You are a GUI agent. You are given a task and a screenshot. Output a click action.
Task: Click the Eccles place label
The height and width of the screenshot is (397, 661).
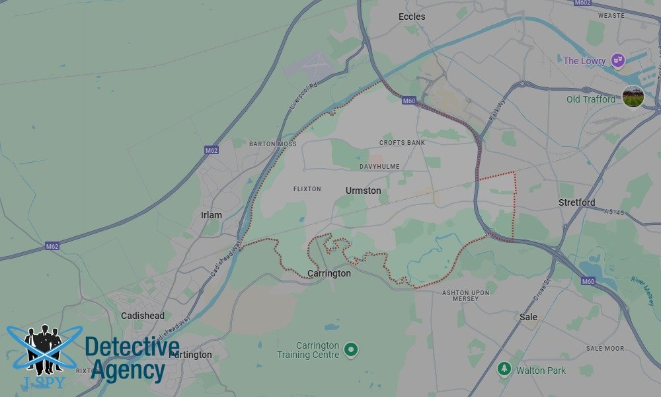(412, 17)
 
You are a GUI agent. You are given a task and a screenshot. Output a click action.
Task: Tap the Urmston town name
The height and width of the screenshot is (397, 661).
(363, 191)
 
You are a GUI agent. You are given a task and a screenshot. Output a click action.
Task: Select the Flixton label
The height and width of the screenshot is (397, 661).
(307, 189)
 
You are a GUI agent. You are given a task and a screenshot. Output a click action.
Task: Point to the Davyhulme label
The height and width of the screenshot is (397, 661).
(379, 166)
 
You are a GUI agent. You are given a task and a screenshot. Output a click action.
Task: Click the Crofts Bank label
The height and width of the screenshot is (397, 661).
(402, 143)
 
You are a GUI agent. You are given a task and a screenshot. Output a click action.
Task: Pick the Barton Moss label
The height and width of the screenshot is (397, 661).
(271, 144)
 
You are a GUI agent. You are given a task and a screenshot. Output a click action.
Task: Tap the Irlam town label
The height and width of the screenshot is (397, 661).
(211, 216)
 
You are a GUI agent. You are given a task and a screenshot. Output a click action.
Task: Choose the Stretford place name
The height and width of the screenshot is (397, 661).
(576, 202)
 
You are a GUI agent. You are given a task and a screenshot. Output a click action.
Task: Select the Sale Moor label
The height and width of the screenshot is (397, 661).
(605, 348)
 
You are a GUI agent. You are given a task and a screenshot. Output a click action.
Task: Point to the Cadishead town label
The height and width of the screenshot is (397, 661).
(143, 316)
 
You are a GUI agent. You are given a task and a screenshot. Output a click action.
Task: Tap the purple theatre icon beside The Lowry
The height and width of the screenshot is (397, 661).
(617, 61)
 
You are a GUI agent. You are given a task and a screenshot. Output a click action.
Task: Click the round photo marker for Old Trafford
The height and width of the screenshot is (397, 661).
(633, 97)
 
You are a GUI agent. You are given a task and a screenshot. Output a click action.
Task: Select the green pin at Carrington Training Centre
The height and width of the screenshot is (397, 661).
(351, 349)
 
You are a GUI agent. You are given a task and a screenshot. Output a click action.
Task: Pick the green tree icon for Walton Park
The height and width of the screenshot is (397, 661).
(504, 368)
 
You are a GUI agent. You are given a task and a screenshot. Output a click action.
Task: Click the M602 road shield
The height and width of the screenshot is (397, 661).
(582, 3)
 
